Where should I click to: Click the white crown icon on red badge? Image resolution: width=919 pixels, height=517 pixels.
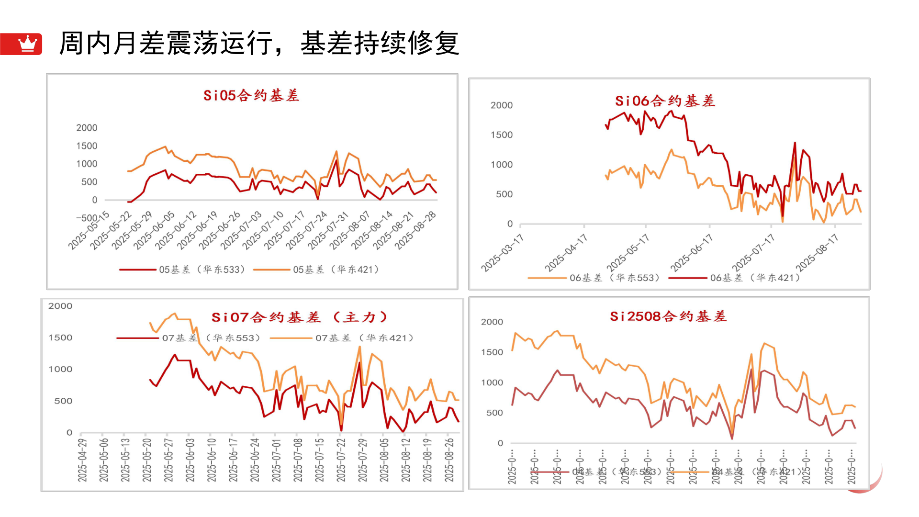tap(27, 44)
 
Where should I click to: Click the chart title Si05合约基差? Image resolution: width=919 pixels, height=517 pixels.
tap(251, 95)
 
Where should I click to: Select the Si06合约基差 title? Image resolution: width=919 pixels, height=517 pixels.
tap(665, 101)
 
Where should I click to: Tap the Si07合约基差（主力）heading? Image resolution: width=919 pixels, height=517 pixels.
tap(299, 317)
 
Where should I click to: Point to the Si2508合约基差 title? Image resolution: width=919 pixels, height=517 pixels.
tap(668, 316)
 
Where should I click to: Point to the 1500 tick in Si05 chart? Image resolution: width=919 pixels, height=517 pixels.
tap(87, 146)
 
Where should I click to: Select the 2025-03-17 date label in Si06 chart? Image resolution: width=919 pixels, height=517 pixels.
tap(503, 253)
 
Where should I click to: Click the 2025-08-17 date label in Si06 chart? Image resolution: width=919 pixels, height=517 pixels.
tap(817, 253)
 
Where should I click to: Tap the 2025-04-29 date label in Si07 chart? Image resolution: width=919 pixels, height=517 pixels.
tap(82, 460)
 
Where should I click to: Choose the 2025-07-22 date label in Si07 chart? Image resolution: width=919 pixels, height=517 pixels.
tap(341, 460)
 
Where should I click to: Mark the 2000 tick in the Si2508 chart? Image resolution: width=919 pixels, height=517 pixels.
tap(492, 322)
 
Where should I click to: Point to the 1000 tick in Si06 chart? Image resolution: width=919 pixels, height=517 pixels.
tap(501, 164)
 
